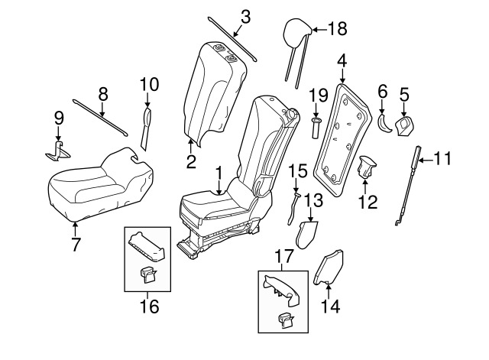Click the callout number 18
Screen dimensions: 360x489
(337, 29)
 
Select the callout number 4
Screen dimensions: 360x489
(342, 59)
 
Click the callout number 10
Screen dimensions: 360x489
(148, 83)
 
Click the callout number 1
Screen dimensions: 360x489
(219, 174)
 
